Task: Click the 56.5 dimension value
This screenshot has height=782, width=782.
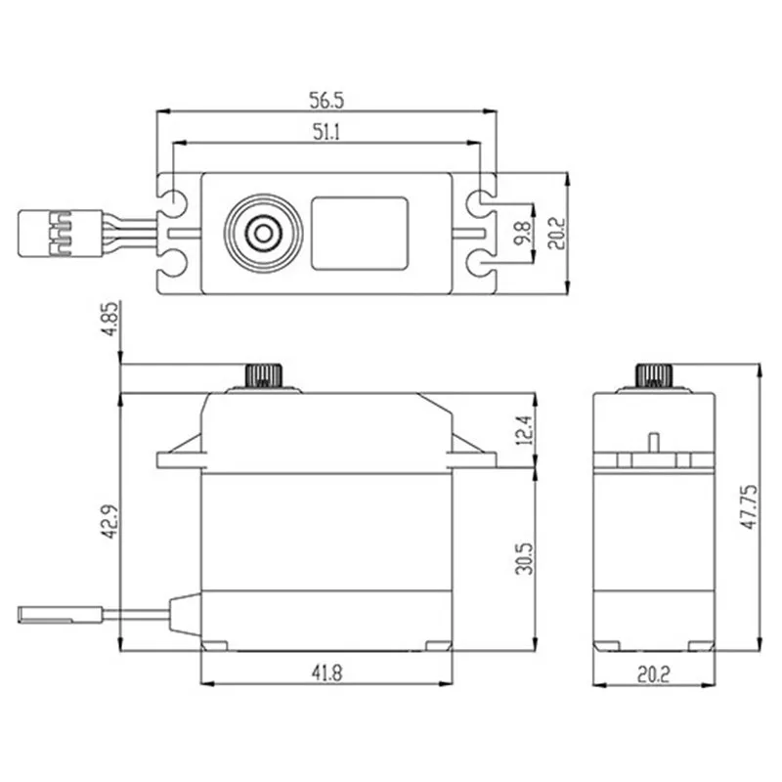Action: (x=327, y=101)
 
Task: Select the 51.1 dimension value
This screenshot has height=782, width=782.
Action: (x=326, y=134)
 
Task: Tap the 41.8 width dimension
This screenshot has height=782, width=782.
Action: (x=326, y=671)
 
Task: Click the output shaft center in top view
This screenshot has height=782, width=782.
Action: (x=261, y=233)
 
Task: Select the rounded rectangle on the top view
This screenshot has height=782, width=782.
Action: (x=359, y=233)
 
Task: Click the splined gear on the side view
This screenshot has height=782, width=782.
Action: (x=652, y=375)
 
